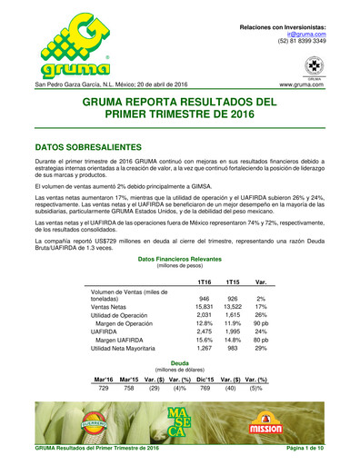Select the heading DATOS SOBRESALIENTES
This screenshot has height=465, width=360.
90,145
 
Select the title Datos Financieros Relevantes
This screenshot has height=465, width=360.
179,260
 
